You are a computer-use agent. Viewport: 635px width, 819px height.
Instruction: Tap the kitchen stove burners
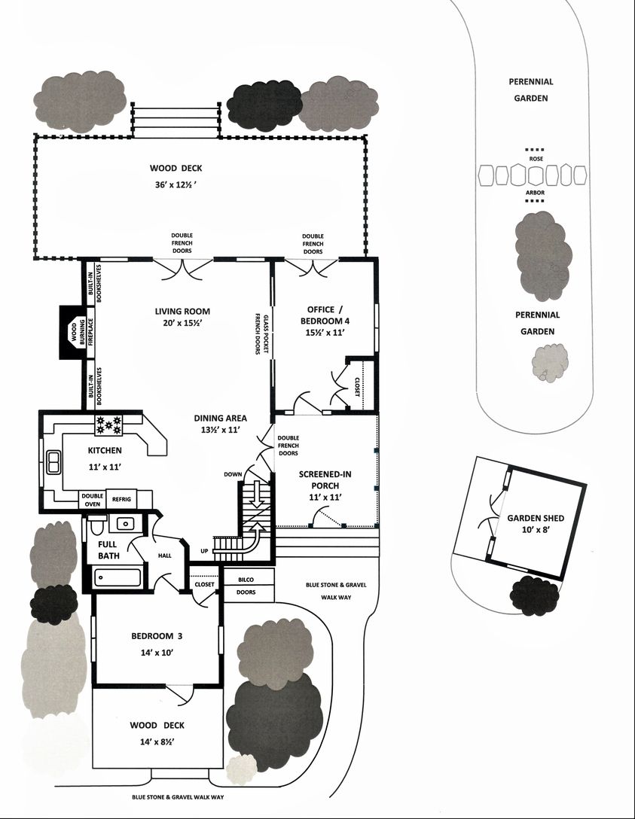(x=108, y=425)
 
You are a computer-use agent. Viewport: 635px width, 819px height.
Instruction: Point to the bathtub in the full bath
(x=117, y=577)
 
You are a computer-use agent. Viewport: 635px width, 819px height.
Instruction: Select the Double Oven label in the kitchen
(x=93, y=500)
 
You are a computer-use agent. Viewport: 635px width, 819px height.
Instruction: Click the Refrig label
(x=122, y=499)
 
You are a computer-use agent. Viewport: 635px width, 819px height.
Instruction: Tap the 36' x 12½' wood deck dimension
(x=176, y=184)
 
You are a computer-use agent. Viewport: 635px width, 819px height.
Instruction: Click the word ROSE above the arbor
(x=536, y=159)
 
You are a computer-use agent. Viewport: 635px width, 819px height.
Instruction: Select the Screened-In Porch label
(x=325, y=480)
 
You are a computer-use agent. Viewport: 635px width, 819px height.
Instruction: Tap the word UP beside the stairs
(x=204, y=551)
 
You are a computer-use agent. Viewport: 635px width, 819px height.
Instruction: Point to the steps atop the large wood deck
(x=176, y=120)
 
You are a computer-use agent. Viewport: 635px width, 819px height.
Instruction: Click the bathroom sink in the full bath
(x=125, y=523)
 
